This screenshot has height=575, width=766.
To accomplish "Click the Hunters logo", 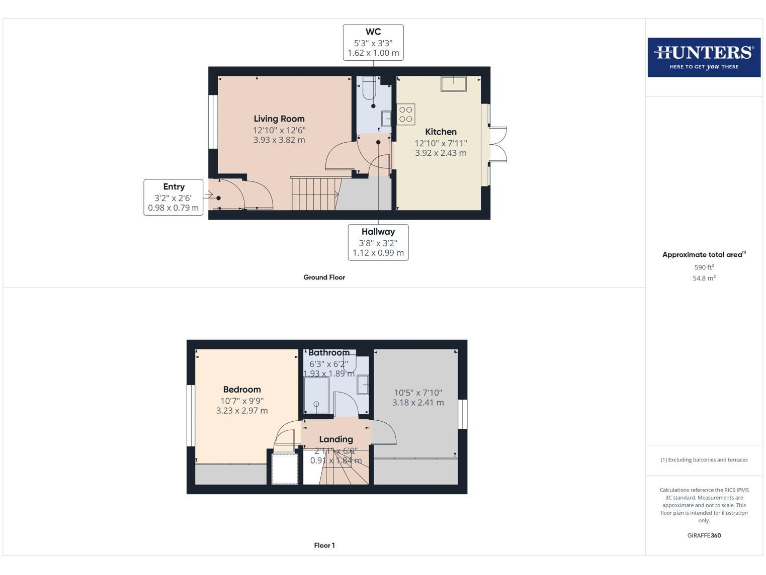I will click(704, 57).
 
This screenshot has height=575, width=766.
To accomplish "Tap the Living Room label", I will click(279, 119).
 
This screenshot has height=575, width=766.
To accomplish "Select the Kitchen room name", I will click(441, 132).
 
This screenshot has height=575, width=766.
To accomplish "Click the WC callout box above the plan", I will click(374, 43).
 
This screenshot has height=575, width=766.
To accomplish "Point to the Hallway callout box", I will click(378, 242).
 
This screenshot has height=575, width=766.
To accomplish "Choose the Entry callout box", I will click(174, 197).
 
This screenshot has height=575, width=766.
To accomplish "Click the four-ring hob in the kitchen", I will click(407, 114).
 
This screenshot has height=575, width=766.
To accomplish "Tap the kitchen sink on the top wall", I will click(453, 83).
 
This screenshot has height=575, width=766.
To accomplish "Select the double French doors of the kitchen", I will click(496, 146).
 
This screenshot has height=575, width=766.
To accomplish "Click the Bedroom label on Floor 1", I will click(242, 390).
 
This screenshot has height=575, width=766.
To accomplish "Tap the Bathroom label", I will click(329, 353).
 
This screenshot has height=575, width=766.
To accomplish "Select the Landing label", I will click(336, 439).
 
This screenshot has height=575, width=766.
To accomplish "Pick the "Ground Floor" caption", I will click(324, 277).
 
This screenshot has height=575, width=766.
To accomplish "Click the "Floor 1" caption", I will click(324, 546).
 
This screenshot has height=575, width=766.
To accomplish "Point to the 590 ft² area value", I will click(704, 268).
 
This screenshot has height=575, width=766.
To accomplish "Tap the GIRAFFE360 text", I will click(704, 536).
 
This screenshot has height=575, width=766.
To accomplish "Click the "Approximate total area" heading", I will click(702, 255).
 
